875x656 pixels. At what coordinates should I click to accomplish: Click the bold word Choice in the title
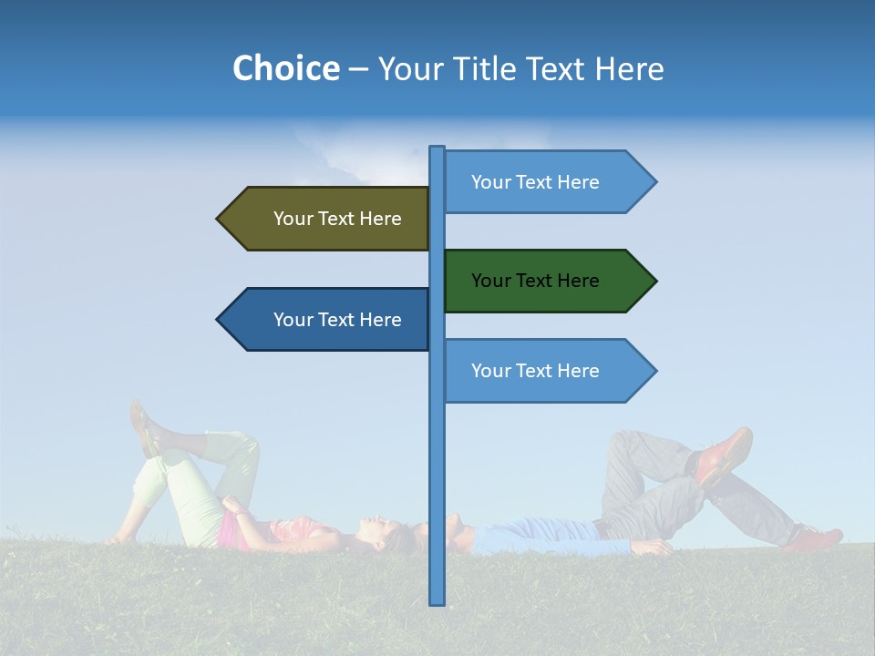tap(285, 68)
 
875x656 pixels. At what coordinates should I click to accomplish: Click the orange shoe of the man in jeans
tap(726, 453)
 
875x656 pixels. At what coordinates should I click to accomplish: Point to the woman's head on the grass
tap(387, 534)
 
